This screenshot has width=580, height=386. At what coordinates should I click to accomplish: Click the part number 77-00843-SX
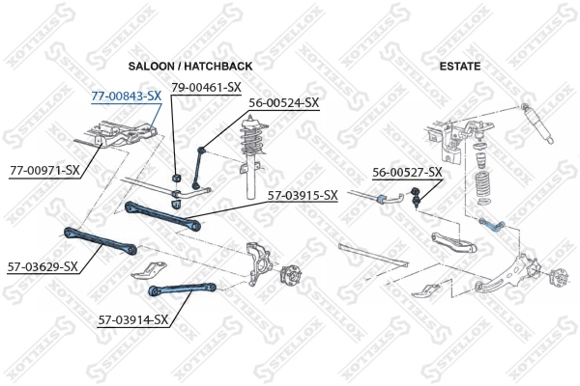[126, 96]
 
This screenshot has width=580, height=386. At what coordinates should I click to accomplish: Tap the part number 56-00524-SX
[283, 102]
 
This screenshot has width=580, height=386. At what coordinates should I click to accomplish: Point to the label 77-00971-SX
[44, 170]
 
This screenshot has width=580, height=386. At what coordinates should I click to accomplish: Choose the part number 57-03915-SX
[303, 195]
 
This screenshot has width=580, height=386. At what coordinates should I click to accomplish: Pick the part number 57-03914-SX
[133, 318]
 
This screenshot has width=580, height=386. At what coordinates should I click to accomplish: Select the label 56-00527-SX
[407, 172]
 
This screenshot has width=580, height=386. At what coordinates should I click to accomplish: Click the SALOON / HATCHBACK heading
[190, 66]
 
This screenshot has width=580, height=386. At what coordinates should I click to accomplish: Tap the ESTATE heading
[460, 66]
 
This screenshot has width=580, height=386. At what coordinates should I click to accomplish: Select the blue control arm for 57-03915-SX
[162, 213]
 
